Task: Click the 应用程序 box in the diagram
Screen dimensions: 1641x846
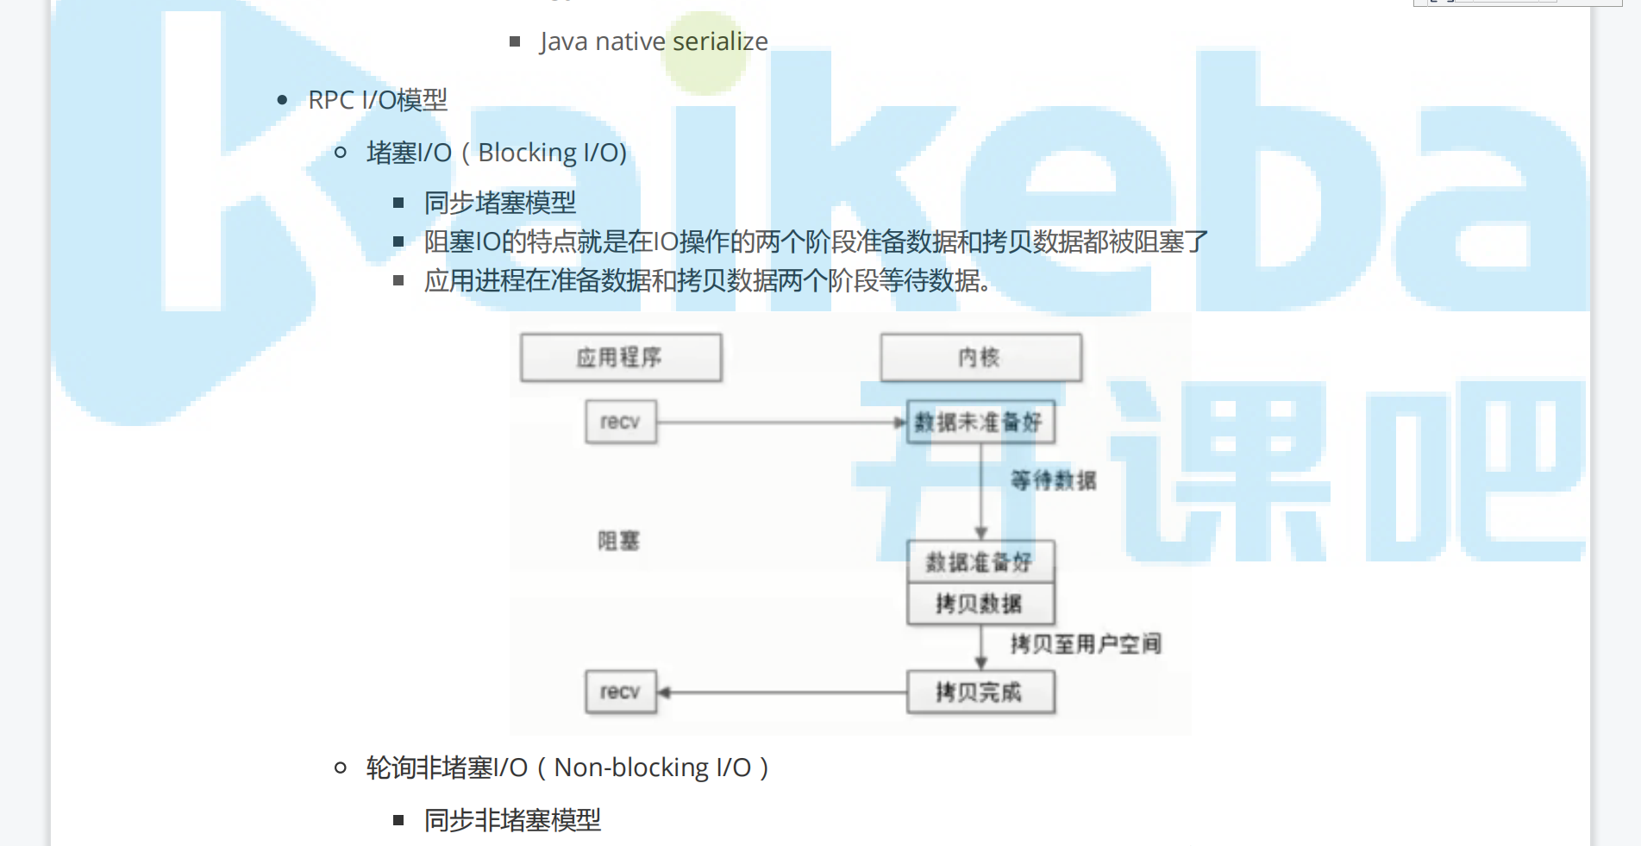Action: click(x=621, y=357)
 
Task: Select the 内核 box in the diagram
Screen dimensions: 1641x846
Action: click(x=980, y=357)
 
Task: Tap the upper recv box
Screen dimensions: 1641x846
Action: click(x=621, y=422)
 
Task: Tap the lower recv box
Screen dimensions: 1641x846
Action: click(x=621, y=692)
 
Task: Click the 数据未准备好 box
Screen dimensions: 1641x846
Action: click(x=980, y=422)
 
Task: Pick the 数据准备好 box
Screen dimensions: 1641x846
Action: click(x=980, y=562)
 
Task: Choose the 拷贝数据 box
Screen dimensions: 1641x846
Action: click(x=980, y=604)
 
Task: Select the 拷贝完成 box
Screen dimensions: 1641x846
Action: click(x=980, y=692)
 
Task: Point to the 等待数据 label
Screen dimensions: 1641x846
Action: click(x=1054, y=480)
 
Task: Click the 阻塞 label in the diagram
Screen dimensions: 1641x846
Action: click(x=619, y=541)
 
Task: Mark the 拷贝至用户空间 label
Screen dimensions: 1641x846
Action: click(x=1086, y=643)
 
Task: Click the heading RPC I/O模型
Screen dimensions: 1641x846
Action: click(x=378, y=100)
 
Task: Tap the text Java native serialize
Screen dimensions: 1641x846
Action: click(x=654, y=41)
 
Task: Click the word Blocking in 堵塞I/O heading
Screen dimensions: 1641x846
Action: click(x=527, y=153)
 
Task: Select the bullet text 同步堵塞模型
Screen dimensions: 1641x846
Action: click(x=500, y=203)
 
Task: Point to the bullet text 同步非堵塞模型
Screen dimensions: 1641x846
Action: click(x=512, y=819)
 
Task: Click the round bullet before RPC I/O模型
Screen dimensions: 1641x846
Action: click(x=282, y=100)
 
